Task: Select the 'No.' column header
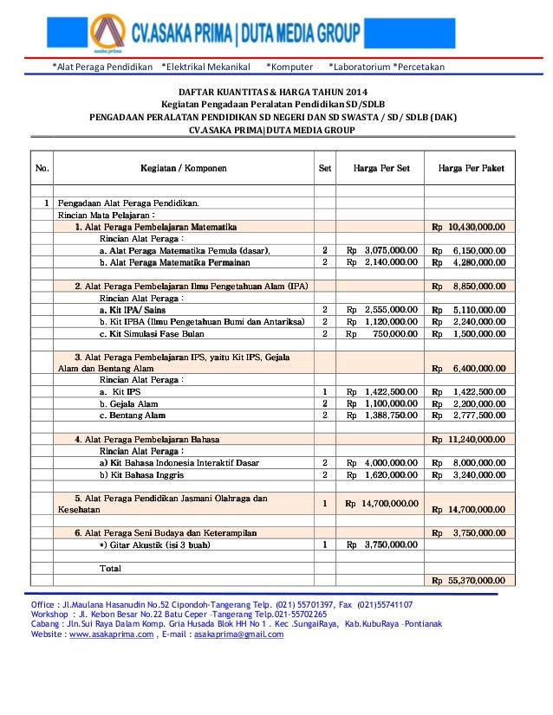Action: tap(41, 168)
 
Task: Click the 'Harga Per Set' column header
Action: tap(381, 168)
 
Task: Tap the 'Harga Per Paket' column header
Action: tap(471, 168)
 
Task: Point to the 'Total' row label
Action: tap(110, 568)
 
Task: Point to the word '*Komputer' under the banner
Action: tap(289, 67)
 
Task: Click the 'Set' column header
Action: tap(325, 168)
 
